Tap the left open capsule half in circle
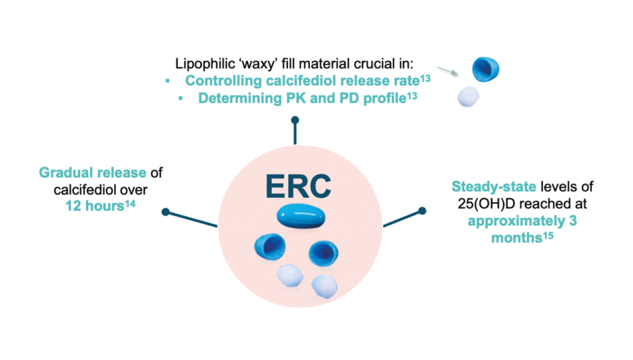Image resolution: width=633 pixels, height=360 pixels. pos(268,249)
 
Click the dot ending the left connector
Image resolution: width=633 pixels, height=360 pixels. pos(166,212)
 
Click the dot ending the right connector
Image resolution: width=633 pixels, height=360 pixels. pos(422,211)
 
